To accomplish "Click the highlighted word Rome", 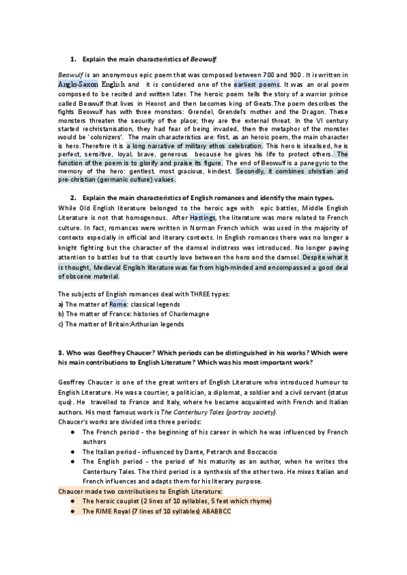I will click(x=117, y=304).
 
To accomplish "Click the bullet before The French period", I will click(x=72, y=432).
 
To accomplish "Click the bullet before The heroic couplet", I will click(x=72, y=500).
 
